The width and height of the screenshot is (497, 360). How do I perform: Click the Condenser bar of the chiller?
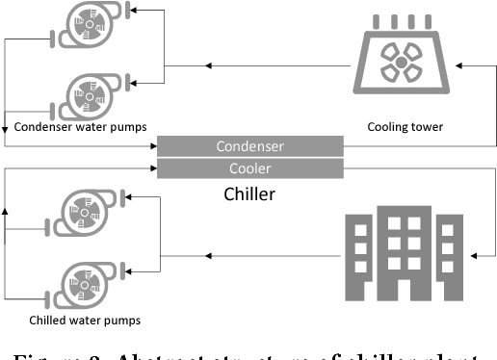tap(249, 146)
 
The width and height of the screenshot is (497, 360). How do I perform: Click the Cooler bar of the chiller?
tap(249, 167)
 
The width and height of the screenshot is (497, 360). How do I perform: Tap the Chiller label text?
tap(249, 194)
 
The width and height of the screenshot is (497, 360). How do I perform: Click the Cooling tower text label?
tap(405, 126)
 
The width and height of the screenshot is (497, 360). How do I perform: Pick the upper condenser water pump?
tap(92, 29)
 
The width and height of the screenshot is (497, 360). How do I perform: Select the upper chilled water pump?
tap(92, 214)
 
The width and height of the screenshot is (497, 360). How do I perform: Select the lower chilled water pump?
tap(92, 280)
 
